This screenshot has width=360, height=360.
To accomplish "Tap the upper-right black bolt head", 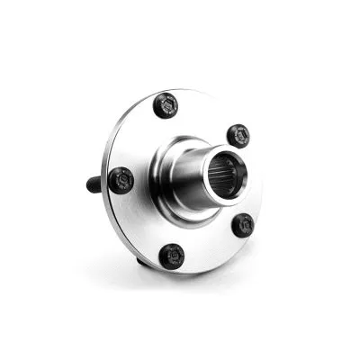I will pos(237,136).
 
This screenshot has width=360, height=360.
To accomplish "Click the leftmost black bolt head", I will pos(121,181).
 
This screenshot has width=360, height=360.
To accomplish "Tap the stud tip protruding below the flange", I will pos(142,262).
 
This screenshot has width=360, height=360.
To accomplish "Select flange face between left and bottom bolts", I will pos(139,225).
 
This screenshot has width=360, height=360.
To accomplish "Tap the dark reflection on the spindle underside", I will pos(193,202).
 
